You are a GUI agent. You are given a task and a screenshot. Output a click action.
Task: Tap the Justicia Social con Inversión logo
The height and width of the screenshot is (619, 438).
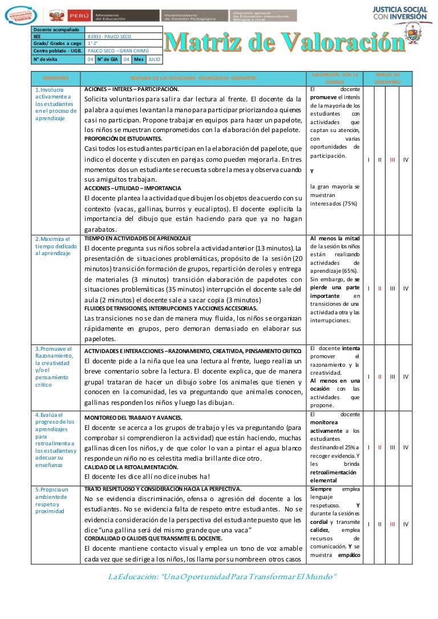[399, 14]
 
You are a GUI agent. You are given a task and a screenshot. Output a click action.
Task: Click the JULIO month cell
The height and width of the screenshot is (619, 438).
[154, 59]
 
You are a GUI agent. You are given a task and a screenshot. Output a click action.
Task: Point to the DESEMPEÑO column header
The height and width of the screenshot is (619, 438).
[56, 77]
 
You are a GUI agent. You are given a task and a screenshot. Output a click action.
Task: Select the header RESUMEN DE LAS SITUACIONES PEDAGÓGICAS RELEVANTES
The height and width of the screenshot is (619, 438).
[193, 77]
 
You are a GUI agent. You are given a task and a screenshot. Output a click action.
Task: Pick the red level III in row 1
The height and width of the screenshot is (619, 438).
[392, 160]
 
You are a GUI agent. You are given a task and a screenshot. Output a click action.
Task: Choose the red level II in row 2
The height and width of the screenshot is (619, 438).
[379, 288]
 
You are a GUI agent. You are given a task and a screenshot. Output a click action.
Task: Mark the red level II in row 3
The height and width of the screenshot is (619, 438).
[379, 376]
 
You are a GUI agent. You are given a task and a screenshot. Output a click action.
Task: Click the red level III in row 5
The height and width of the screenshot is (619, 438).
[392, 523]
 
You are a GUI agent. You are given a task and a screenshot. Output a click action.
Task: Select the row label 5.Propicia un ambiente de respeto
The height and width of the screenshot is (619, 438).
[52, 500]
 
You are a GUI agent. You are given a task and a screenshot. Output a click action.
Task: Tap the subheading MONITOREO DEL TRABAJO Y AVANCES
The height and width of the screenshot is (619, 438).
[133, 417]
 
